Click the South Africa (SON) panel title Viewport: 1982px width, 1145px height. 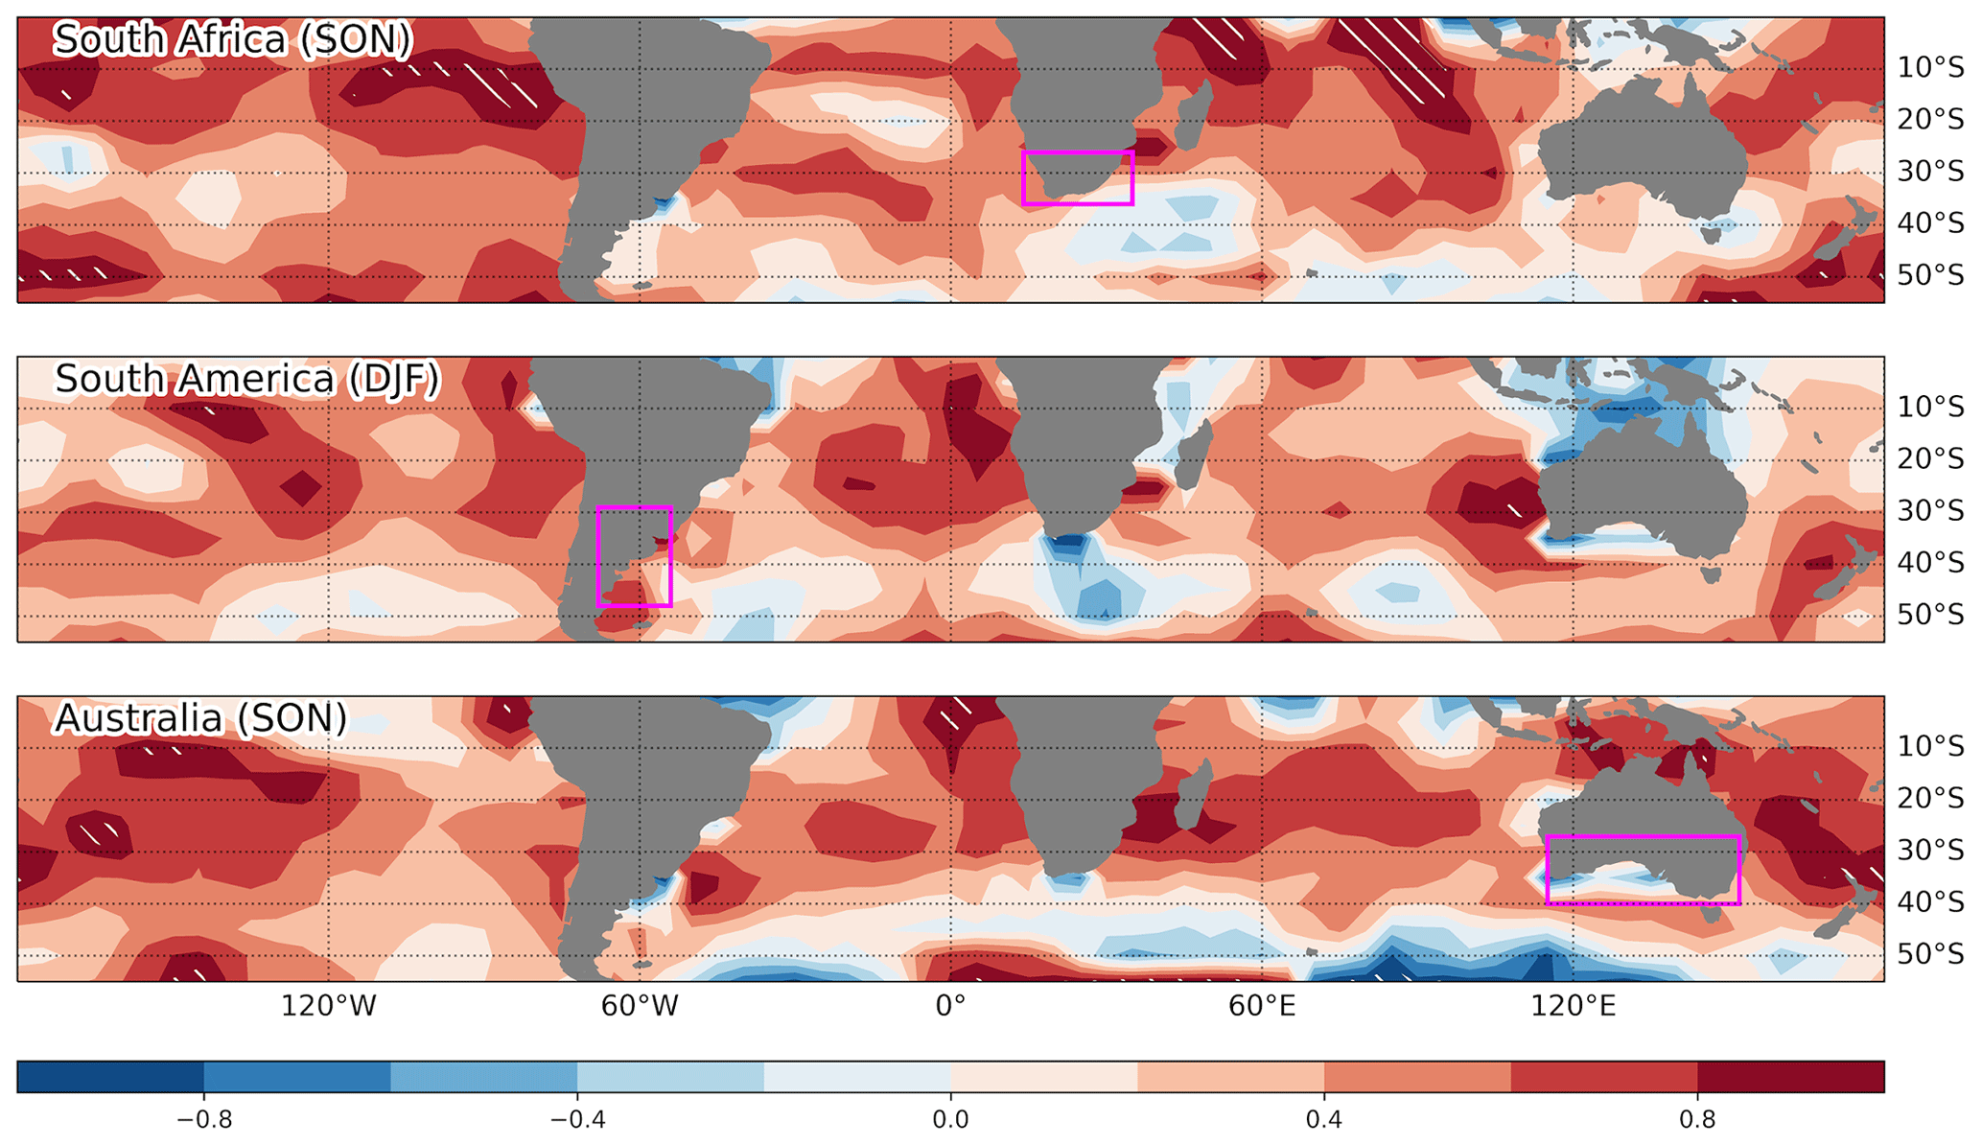pyautogui.click(x=232, y=40)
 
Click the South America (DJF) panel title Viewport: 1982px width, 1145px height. pyautogui.click(x=246, y=380)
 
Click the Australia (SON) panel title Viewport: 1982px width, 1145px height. pyautogui.click(x=200, y=718)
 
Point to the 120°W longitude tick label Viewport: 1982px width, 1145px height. pyautogui.click(x=328, y=1006)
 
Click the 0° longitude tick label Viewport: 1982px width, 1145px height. pyautogui.click(x=950, y=1006)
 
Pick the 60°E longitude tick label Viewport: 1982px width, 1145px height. pyautogui.click(x=1261, y=1006)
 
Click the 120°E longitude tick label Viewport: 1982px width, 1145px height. pyautogui.click(x=1573, y=1006)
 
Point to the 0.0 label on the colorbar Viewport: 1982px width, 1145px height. pyautogui.click(x=950, y=1120)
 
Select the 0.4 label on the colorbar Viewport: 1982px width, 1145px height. pyautogui.click(x=1323, y=1120)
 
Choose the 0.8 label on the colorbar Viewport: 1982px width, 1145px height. pyautogui.click(x=1697, y=1120)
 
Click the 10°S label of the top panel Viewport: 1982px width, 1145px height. pyautogui.click(x=1930, y=68)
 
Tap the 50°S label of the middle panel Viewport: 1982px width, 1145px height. pyautogui.click(x=1930, y=614)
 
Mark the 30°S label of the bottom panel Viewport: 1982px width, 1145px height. pyautogui.click(x=1930, y=850)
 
